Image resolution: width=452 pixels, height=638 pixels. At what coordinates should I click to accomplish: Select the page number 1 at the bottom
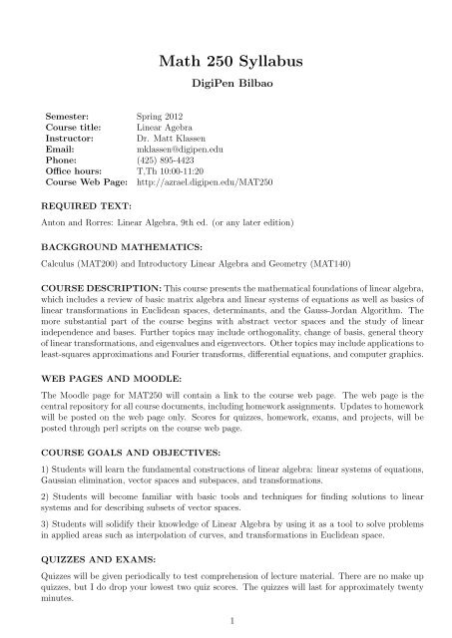pos(226,624)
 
